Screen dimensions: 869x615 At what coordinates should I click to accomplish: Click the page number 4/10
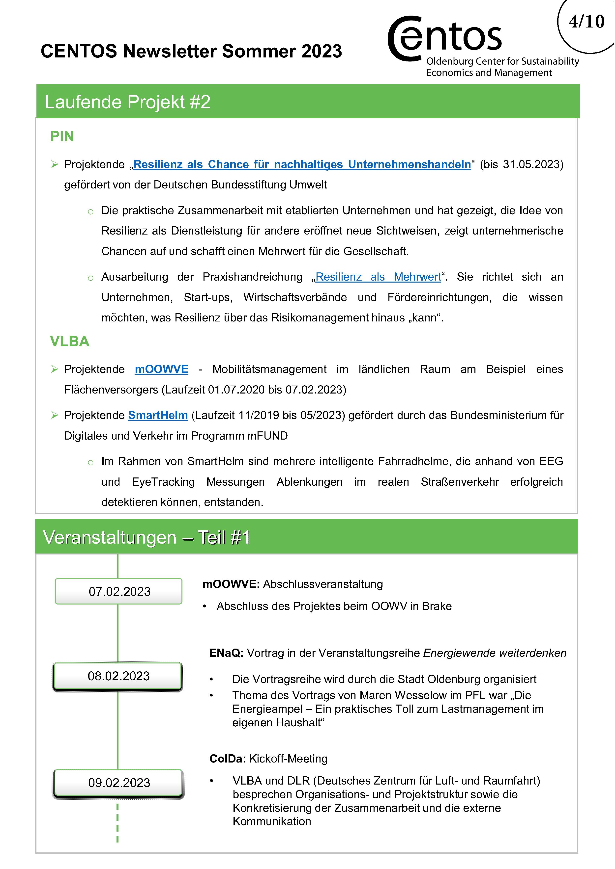[x=586, y=22]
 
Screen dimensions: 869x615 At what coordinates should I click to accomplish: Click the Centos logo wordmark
[x=445, y=38]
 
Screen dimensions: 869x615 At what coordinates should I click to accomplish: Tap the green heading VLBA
[x=70, y=342]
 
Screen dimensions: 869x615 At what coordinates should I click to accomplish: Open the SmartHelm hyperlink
[x=158, y=415]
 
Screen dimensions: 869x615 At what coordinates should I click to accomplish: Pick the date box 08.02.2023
[x=118, y=676]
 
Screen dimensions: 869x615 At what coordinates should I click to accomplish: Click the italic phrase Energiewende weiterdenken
[x=495, y=653]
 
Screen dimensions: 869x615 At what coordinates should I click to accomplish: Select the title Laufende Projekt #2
[x=127, y=102]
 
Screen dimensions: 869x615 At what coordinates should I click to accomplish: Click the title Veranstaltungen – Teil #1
[x=146, y=537]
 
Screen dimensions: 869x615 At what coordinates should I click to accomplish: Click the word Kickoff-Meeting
[x=288, y=759]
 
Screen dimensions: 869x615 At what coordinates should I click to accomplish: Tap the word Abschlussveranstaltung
[x=323, y=584]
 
